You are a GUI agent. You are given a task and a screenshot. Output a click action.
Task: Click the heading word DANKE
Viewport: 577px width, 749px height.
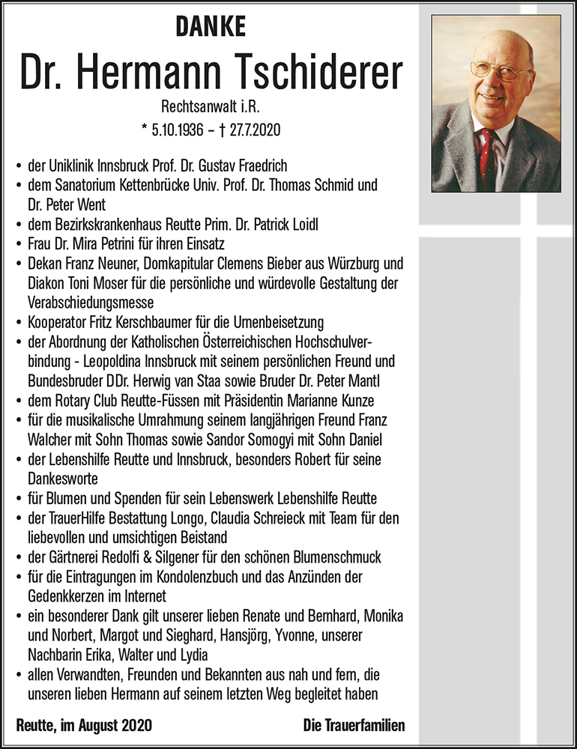[x=211, y=28]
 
